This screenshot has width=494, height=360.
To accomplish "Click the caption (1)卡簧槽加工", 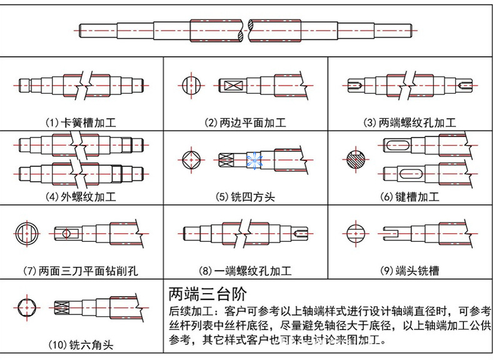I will (81, 122).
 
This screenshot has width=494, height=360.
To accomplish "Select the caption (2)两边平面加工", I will (246, 122).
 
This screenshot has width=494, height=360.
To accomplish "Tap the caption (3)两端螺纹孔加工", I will (410, 122).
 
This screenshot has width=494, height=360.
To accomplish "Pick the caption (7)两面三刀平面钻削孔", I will (81, 271).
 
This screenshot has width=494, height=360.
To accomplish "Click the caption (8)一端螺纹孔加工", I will (246, 271).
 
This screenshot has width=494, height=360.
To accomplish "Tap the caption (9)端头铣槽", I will (410, 271).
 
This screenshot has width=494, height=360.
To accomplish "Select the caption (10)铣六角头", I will (81, 344).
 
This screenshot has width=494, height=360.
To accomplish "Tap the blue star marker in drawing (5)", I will (255, 161).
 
